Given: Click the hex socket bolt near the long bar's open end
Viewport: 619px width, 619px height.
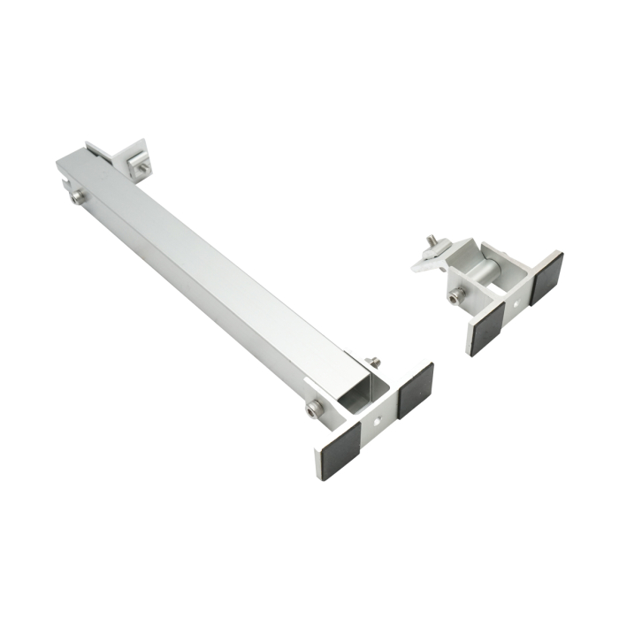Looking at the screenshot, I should pos(314,409).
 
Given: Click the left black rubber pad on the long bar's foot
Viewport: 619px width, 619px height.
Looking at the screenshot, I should pos(338,450).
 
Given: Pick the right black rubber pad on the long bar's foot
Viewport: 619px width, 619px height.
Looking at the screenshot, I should pos(414,390).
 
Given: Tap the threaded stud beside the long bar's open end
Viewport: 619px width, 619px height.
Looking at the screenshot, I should pos(373,361).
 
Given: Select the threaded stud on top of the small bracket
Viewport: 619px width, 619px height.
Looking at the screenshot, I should pos(432,242).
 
